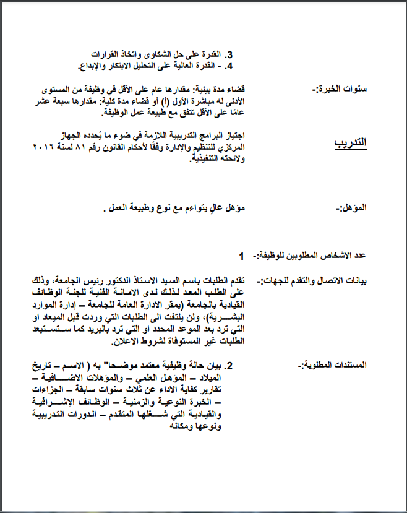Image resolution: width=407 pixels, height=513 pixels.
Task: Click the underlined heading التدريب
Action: (x=350, y=143)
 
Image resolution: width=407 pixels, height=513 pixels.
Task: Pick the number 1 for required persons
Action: (x=242, y=255)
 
